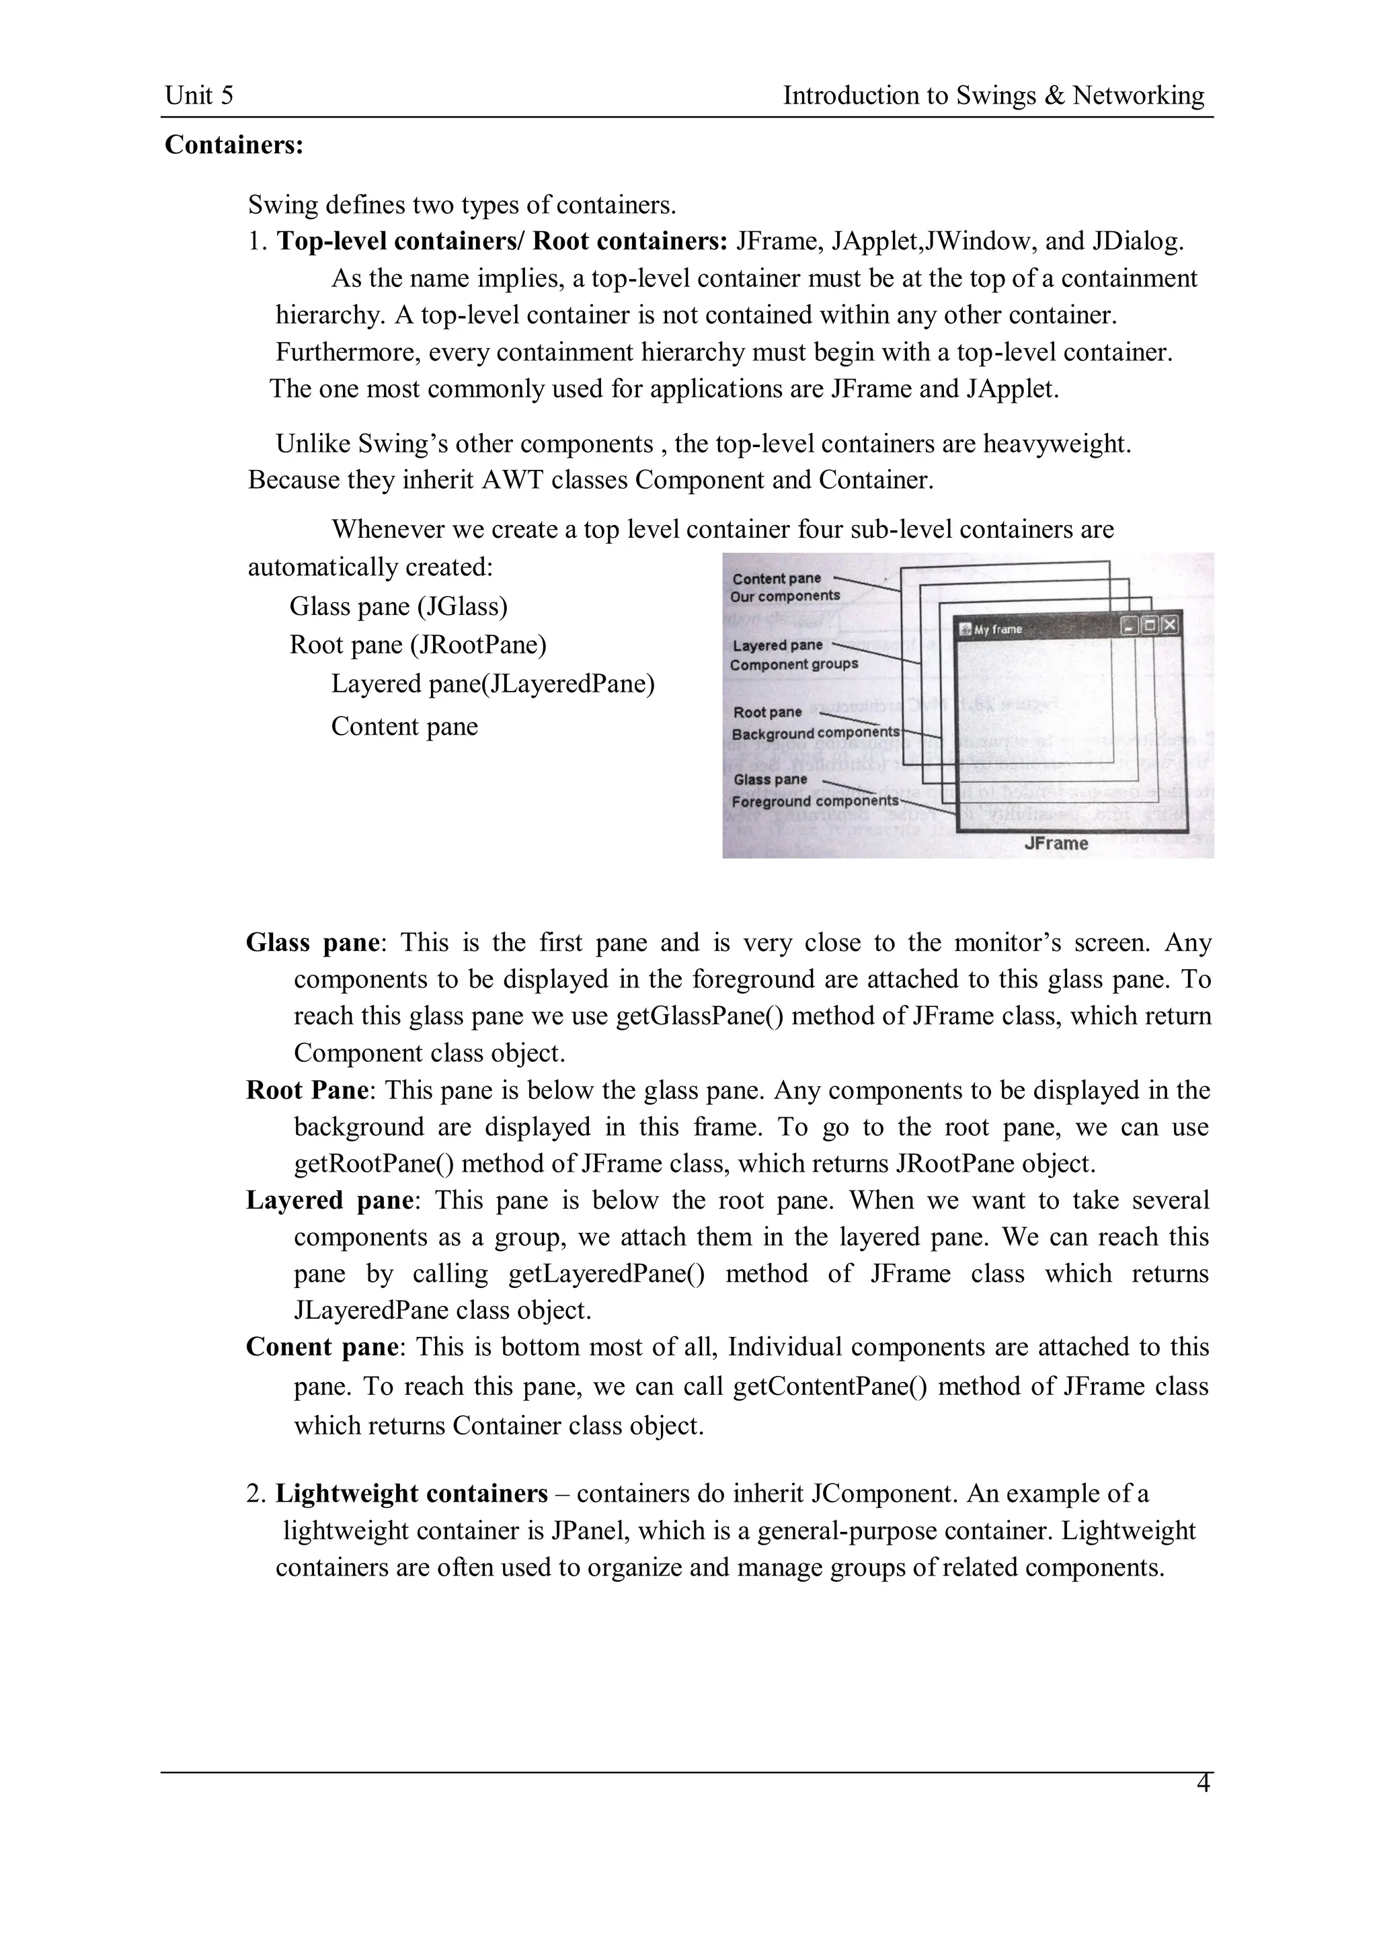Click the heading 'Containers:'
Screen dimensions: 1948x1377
click(233, 145)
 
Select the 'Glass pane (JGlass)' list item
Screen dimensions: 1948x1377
click(398, 606)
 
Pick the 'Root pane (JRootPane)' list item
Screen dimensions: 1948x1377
click(418, 645)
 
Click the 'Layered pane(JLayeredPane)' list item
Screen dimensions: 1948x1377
click(492, 684)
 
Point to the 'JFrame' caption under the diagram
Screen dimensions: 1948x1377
click(1056, 844)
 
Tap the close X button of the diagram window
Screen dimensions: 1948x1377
click(1169, 625)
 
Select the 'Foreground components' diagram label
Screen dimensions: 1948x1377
click(814, 801)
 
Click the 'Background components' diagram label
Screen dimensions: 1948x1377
click(814, 733)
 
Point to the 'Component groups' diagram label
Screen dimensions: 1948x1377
click(794, 664)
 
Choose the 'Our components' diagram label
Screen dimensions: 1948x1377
click(785, 596)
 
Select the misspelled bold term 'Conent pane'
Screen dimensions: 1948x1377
click(321, 1347)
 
